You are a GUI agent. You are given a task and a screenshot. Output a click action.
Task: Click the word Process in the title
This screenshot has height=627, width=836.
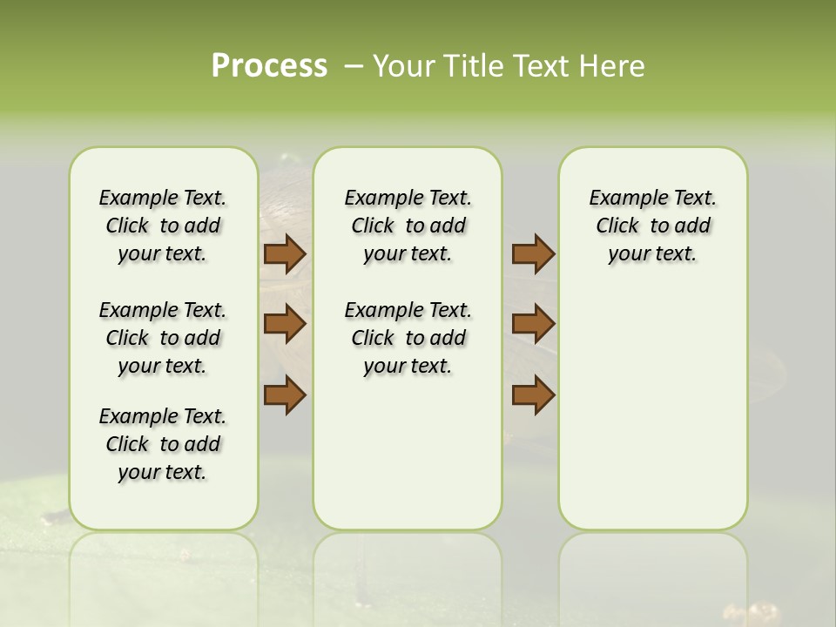269,65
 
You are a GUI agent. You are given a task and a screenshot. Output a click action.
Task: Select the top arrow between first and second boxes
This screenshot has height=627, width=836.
285,254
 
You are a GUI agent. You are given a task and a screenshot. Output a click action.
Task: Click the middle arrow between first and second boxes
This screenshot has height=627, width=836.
285,324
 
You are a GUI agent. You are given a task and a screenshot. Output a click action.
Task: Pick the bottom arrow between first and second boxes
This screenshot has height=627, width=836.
285,394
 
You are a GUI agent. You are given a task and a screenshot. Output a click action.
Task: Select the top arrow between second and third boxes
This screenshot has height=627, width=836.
533,254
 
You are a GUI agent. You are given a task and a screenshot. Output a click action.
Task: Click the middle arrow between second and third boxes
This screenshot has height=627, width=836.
533,324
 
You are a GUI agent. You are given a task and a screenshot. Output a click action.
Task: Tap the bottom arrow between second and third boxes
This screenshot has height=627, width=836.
533,394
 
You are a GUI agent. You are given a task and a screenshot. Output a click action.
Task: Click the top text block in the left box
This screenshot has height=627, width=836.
163,226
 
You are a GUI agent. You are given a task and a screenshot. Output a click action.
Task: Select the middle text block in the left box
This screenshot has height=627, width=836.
163,338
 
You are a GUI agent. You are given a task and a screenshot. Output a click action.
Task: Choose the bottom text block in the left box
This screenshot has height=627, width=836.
163,444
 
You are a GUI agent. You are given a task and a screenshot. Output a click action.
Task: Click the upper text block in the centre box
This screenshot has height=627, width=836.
408,226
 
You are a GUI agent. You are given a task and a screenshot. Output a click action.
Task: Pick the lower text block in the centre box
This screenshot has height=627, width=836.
408,338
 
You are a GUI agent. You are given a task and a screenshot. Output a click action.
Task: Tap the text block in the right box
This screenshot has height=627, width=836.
652,226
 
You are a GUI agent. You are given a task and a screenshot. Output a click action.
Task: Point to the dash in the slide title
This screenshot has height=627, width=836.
354,66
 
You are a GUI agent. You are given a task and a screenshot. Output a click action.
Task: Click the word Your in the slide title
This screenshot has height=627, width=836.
404,66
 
